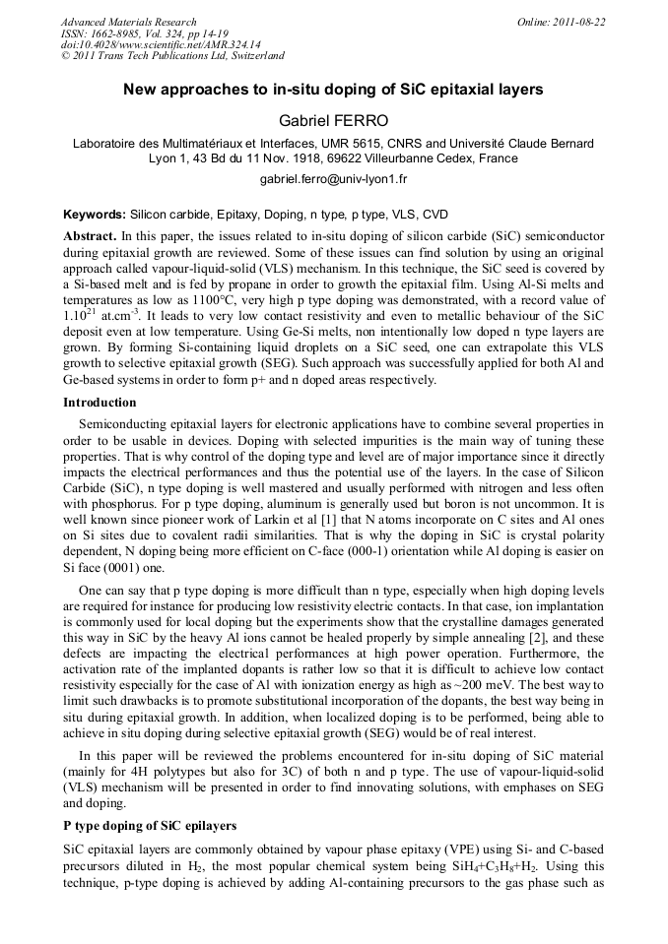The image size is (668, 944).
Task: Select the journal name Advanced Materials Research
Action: point(128,22)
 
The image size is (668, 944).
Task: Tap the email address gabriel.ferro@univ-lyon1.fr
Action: point(333,179)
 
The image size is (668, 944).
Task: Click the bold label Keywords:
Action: point(95,214)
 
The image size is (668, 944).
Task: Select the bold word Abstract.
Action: point(90,237)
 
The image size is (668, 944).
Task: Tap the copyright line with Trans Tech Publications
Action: point(172,56)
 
